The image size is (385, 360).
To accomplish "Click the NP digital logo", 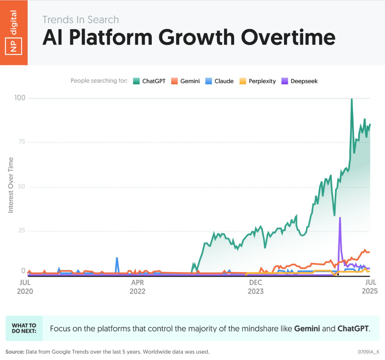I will point(14,33).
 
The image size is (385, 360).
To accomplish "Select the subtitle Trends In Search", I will point(81,19).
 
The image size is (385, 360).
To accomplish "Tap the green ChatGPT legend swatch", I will point(136,81).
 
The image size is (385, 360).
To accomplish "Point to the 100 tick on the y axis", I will point(19,98).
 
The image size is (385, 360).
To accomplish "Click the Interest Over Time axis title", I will point(11,185).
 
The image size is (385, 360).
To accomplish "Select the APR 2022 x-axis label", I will point(138,287).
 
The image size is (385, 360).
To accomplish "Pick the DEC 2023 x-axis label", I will point(255,287).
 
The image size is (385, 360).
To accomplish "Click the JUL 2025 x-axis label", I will point(369,287).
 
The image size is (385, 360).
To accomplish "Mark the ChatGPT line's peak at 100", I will point(352,100).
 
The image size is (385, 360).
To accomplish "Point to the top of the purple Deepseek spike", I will point(340,218).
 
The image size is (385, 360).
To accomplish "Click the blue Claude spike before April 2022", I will point(117,258).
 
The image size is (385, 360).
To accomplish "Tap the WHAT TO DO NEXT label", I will point(24,328).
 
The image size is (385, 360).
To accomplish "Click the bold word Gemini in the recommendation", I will point(307,328).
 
